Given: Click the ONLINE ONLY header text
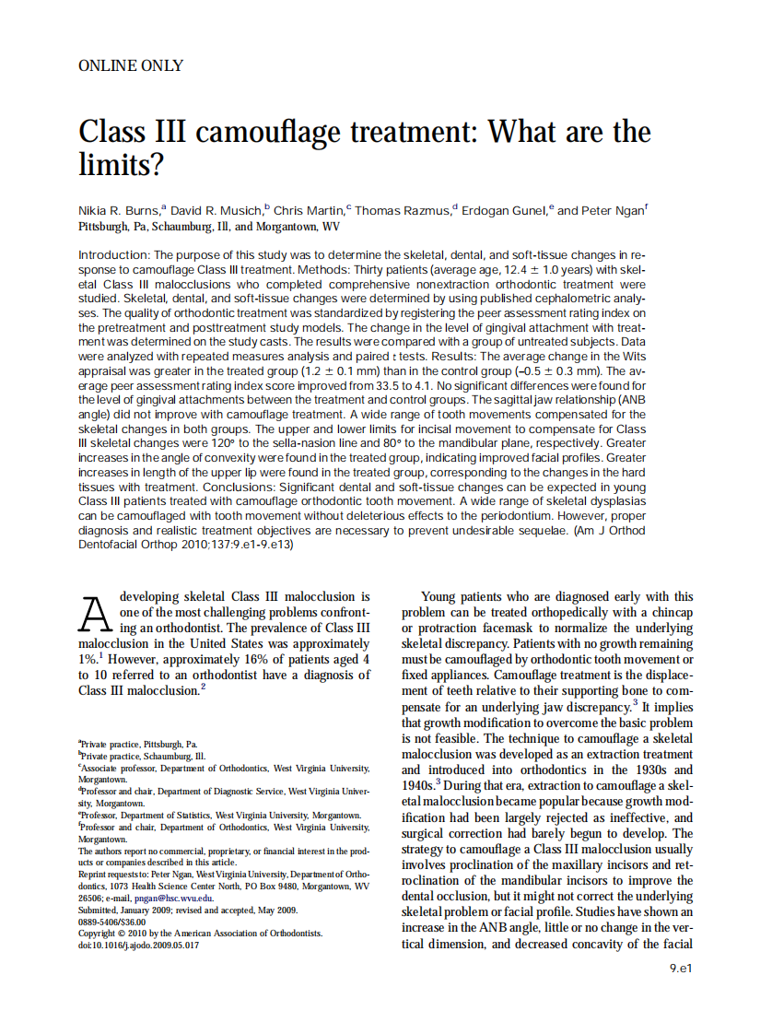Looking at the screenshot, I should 131,66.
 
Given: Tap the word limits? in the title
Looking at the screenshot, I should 121,164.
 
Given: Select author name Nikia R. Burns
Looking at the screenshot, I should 118,210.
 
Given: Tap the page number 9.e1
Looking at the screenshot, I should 680,969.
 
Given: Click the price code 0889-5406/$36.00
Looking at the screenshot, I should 112,921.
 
